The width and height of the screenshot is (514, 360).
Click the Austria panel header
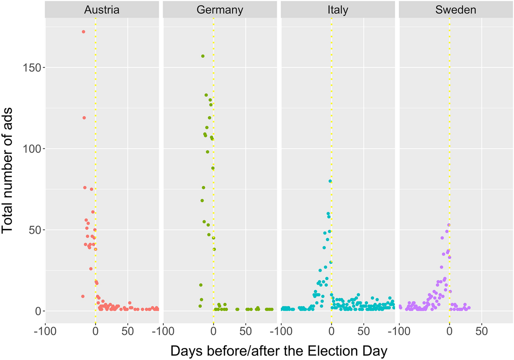coord(102,10)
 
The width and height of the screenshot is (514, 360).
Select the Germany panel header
coord(220,10)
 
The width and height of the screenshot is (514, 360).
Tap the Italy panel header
coord(338,10)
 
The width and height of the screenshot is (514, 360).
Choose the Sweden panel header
coord(456,10)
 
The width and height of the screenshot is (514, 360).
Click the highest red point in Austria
coord(83,32)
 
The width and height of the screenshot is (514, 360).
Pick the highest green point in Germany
coord(203,56)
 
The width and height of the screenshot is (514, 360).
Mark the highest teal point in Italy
coord(330,181)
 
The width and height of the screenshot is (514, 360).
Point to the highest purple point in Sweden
coord(449,225)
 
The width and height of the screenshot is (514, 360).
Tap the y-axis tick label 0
coord(37,311)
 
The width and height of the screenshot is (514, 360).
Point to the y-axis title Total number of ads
coord(7,171)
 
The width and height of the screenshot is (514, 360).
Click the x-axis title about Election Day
coord(279,351)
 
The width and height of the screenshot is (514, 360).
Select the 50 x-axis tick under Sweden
coord(482,331)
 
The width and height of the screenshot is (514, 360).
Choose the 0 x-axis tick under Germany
coord(213,331)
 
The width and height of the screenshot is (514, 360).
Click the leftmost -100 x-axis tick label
coord(45,331)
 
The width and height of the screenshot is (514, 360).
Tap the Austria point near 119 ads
coord(84,118)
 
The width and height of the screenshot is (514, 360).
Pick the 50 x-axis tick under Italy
coord(364,331)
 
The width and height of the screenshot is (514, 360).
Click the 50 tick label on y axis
coord(33,230)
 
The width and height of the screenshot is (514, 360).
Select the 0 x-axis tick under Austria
coord(95,331)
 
